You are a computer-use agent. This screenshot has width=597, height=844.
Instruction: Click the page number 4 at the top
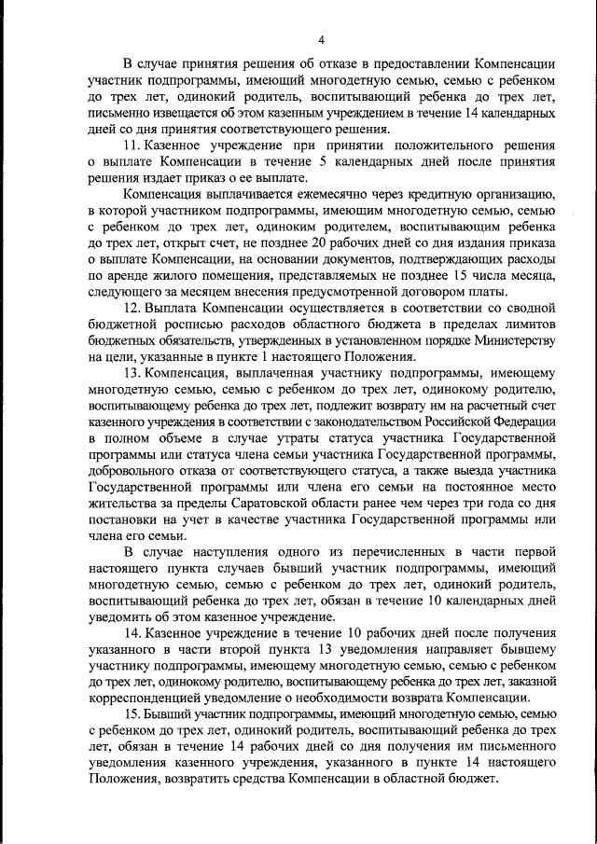coord(321,39)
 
